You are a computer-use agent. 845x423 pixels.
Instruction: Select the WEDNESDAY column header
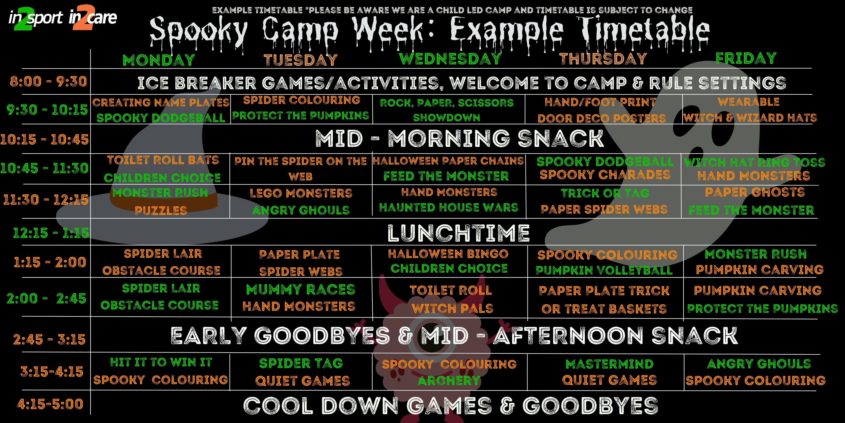(x=450, y=59)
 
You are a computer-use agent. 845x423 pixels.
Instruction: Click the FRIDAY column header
(x=746, y=58)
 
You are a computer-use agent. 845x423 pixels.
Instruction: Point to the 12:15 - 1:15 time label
(x=51, y=233)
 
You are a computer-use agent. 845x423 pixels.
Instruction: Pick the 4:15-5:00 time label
(x=50, y=404)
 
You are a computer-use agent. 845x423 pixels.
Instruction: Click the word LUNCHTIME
(x=459, y=233)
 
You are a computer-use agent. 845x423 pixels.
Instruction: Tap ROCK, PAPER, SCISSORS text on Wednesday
(x=446, y=103)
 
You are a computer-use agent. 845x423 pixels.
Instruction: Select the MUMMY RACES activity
(x=301, y=289)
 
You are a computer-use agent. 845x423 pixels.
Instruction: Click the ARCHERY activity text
(x=449, y=381)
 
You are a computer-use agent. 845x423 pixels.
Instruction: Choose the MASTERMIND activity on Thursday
(x=610, y=364)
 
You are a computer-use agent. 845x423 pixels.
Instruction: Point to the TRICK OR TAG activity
(x=605, y=193)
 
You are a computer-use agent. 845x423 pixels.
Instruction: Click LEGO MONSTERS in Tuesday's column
(x=301, y=193)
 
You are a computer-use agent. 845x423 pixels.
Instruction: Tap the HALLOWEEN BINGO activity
(x=448, y=254)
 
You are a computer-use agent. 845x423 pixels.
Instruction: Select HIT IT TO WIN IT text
(x=161, y=362)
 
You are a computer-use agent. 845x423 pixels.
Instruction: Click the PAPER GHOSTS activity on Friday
(x=755, y=192)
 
